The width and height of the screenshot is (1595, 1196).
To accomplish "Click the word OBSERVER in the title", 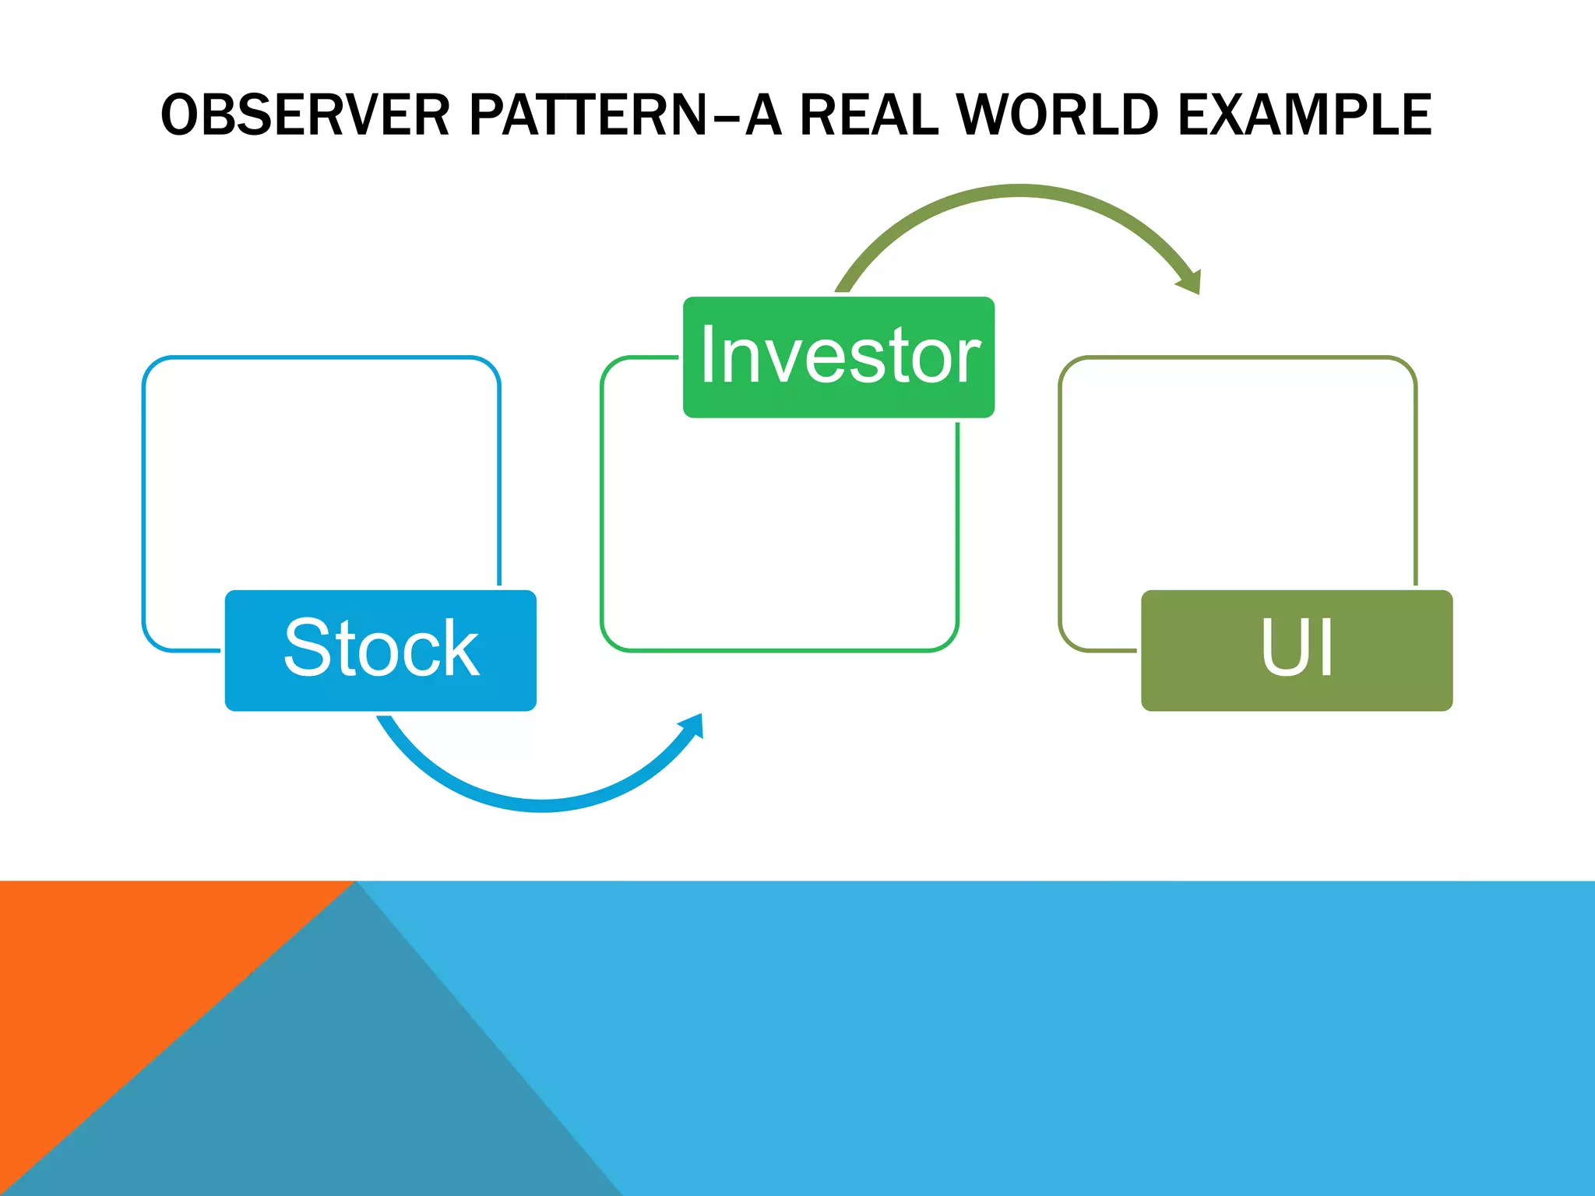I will tap(305, 115).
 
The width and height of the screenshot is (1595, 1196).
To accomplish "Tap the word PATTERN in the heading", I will tap(588, 115).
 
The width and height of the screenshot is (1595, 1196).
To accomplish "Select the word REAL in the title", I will tap(868, 115).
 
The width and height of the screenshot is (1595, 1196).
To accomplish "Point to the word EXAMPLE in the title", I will tap(1305, 115).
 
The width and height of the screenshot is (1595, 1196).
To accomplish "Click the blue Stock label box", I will tap(380, 650).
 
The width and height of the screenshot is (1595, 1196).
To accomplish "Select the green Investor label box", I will tap(838, 357).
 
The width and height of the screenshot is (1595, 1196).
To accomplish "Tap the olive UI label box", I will tap(1296, 650).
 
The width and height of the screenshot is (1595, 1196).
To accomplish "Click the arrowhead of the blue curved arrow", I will tap(693, 726).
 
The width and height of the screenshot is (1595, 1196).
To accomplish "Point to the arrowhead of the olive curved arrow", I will tap(1190, 280).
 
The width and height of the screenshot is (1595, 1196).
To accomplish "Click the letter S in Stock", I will tap(310, 648).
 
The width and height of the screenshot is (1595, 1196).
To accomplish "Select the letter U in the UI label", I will tap(1285, 648).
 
